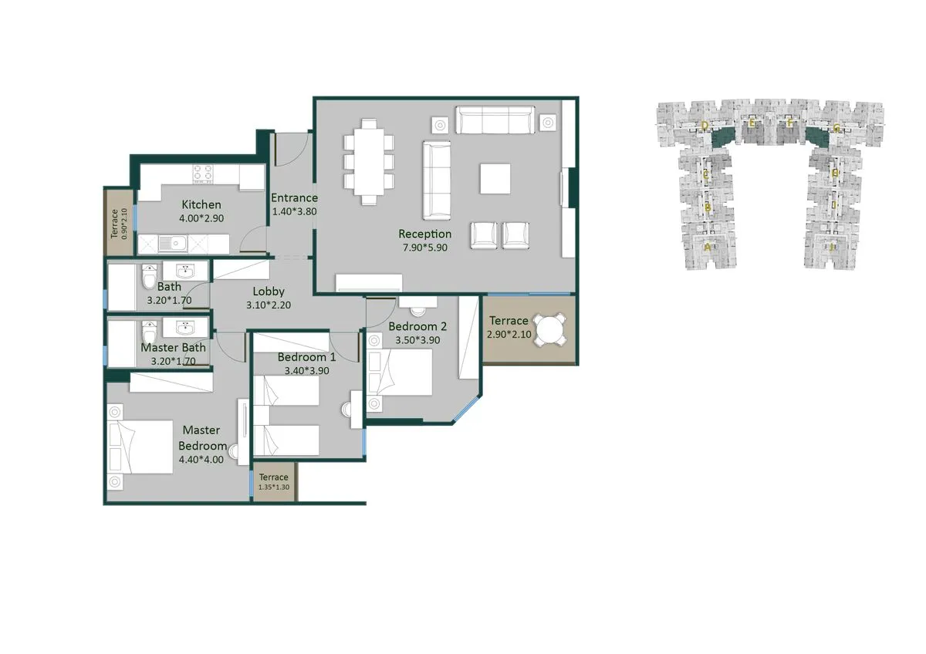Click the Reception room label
424,234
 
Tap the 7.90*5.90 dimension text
424,248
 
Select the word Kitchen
201,204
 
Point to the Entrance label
294,197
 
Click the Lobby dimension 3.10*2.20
269,305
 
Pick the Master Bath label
174,348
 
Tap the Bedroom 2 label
417,325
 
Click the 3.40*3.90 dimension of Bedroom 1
306,371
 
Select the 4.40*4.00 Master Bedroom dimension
201,460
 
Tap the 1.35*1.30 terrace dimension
274,487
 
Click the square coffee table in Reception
495,179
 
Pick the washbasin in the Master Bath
186,327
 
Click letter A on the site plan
707,248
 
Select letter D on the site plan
705,124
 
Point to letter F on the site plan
789,123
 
